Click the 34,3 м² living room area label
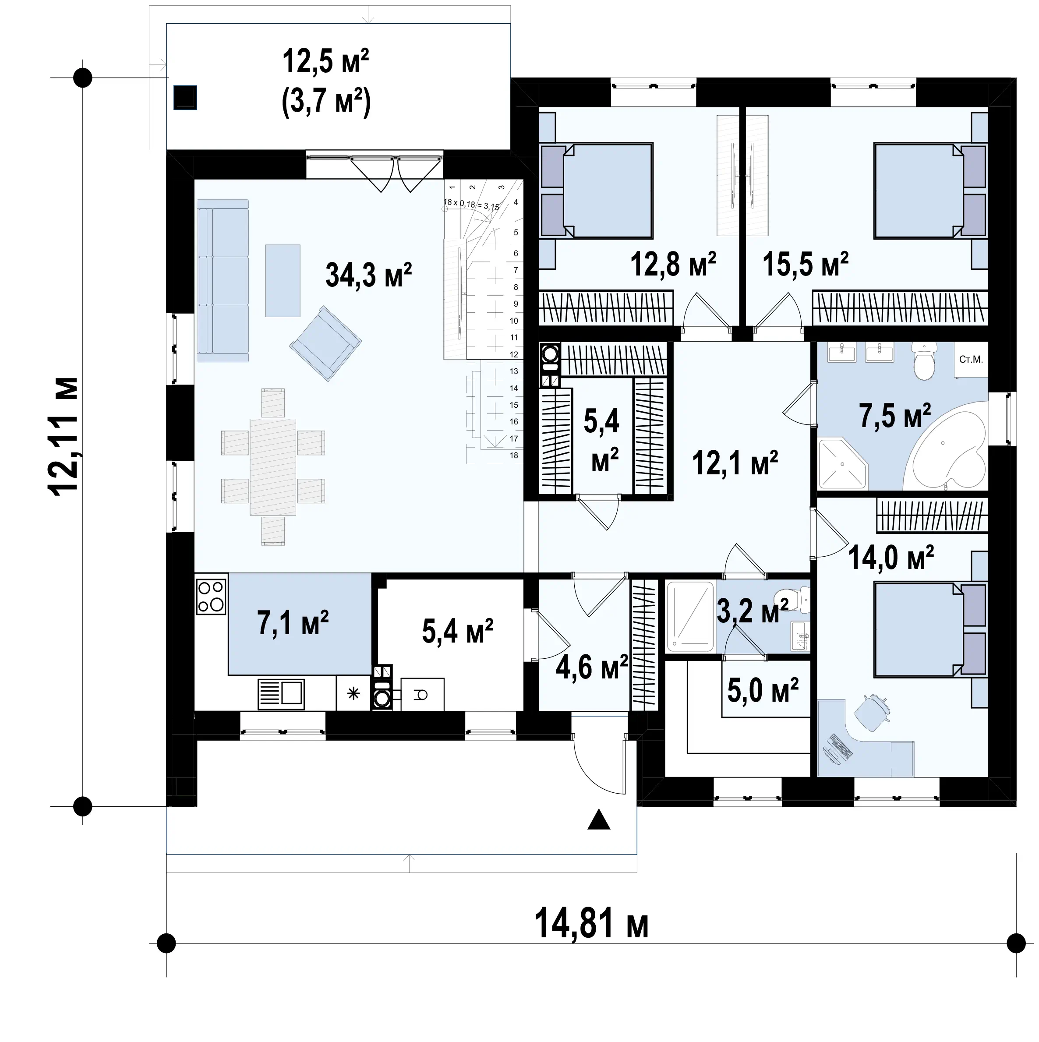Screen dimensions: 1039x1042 [368, 275]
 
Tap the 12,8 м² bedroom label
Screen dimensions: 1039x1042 [673, 264]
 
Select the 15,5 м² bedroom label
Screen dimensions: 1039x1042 [806, 264]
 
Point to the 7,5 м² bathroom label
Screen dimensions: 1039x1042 [895, 416]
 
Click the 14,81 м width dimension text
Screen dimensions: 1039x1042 [591, 923]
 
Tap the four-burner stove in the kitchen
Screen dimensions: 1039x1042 [211, 596]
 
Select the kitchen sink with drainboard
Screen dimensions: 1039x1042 [281, 694]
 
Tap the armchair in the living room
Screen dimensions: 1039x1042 [326, 343]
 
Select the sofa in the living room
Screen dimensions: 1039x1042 [223, 280]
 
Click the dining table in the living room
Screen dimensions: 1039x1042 [273, 466]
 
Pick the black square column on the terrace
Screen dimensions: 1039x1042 [185, 98]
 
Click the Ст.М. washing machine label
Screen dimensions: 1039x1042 [971, 359]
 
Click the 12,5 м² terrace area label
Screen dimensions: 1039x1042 [326, 61]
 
